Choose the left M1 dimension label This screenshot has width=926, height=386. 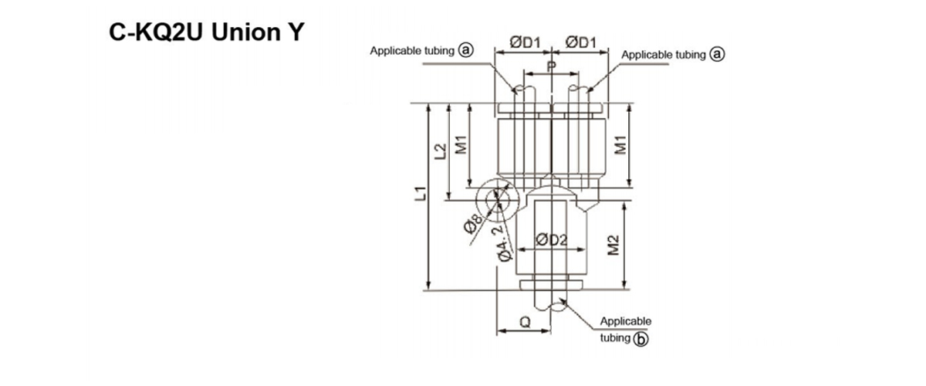point(460,144)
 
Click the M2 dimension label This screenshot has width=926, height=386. point(614,245)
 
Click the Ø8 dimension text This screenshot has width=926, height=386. point(472,227)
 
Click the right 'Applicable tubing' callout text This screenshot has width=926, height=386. point(664,55)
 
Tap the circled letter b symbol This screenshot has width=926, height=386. point(640,338)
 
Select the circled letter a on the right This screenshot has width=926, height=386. point(718,55)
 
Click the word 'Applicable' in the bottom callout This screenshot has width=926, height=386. point(626,321)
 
